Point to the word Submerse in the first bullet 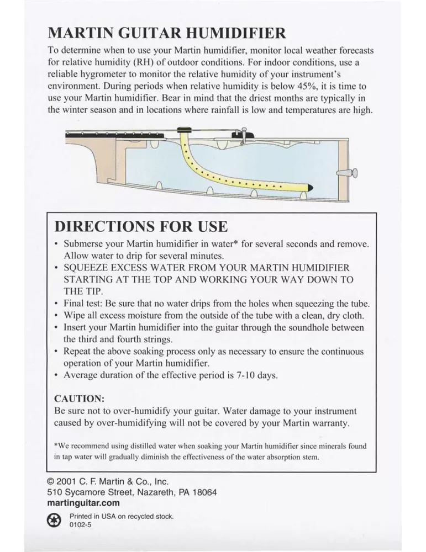pos(82,243)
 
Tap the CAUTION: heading pos(79,399)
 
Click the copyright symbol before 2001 pos(51,481)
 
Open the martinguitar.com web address pos(83,503)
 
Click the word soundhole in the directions pos(309,327)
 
